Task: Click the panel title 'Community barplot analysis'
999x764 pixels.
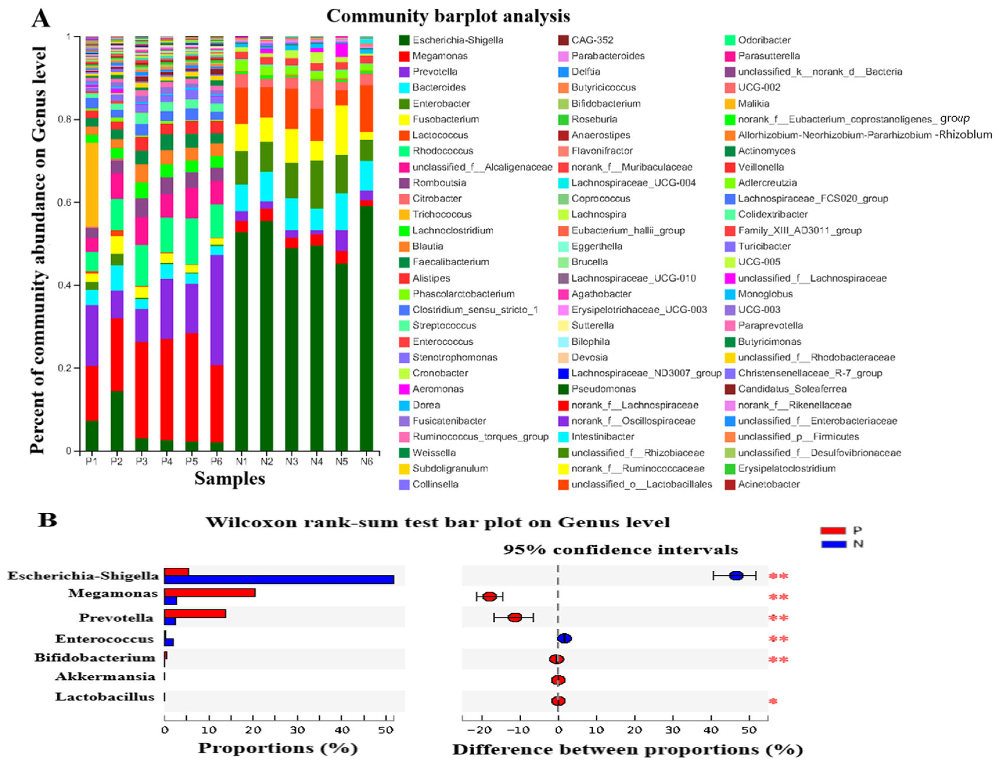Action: pos(448,16)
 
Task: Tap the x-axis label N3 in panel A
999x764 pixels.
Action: pos(291,462)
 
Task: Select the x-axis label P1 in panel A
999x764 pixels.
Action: pos(92,462)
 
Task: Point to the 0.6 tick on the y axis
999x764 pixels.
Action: pos(64,202)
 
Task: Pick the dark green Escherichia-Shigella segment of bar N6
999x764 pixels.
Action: pos(366,327)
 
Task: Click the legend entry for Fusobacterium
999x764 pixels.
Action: pos(445,119)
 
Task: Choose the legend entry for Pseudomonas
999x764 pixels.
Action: pos(603,389)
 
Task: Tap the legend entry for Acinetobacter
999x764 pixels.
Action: pos(769,484)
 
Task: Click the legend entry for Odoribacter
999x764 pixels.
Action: pos(764,40)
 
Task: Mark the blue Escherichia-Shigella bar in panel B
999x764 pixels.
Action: pos(279,580)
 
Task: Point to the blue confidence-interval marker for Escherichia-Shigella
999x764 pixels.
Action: pos(736,575)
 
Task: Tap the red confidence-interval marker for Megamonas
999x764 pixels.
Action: pos(490,597)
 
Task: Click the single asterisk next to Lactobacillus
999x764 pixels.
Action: pos(773,701)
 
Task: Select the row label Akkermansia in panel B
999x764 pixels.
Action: pos(105,677)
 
